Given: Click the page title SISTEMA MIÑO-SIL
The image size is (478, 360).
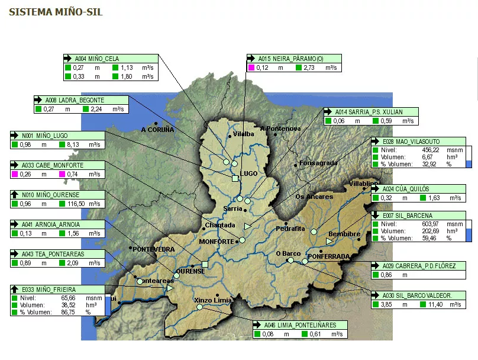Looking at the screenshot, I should click(56, 12).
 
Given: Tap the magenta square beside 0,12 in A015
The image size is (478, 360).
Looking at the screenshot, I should click(251, 68).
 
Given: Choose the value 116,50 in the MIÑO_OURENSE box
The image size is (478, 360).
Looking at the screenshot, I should click(77, 204).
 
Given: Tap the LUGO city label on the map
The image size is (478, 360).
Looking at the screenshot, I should click(249, 173).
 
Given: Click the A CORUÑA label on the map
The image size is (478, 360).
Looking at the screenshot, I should click(157, 130).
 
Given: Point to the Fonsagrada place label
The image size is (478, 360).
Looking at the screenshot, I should click(319, 163).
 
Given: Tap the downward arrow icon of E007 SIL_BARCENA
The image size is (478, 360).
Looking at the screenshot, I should click(376, 215).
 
